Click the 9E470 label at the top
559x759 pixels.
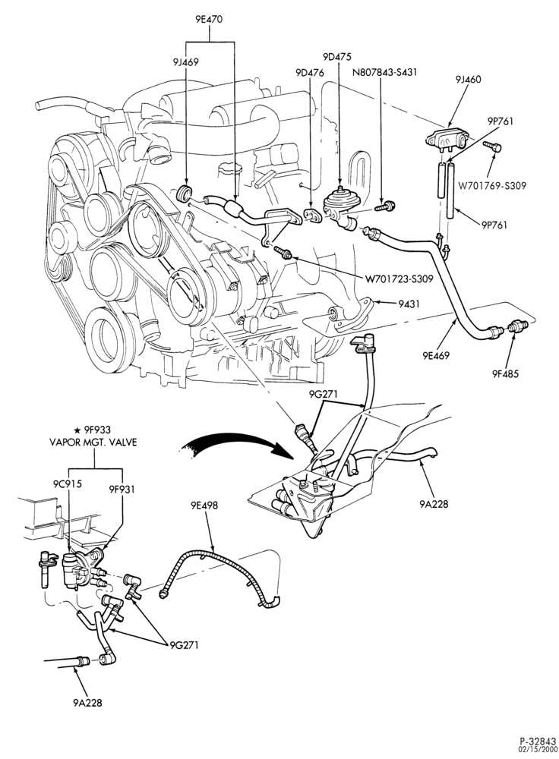(x=210, y=20)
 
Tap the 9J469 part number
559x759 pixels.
(x=185, y=61)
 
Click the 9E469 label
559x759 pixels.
(x=434, y=356)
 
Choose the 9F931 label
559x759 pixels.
(x=122, y=490)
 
